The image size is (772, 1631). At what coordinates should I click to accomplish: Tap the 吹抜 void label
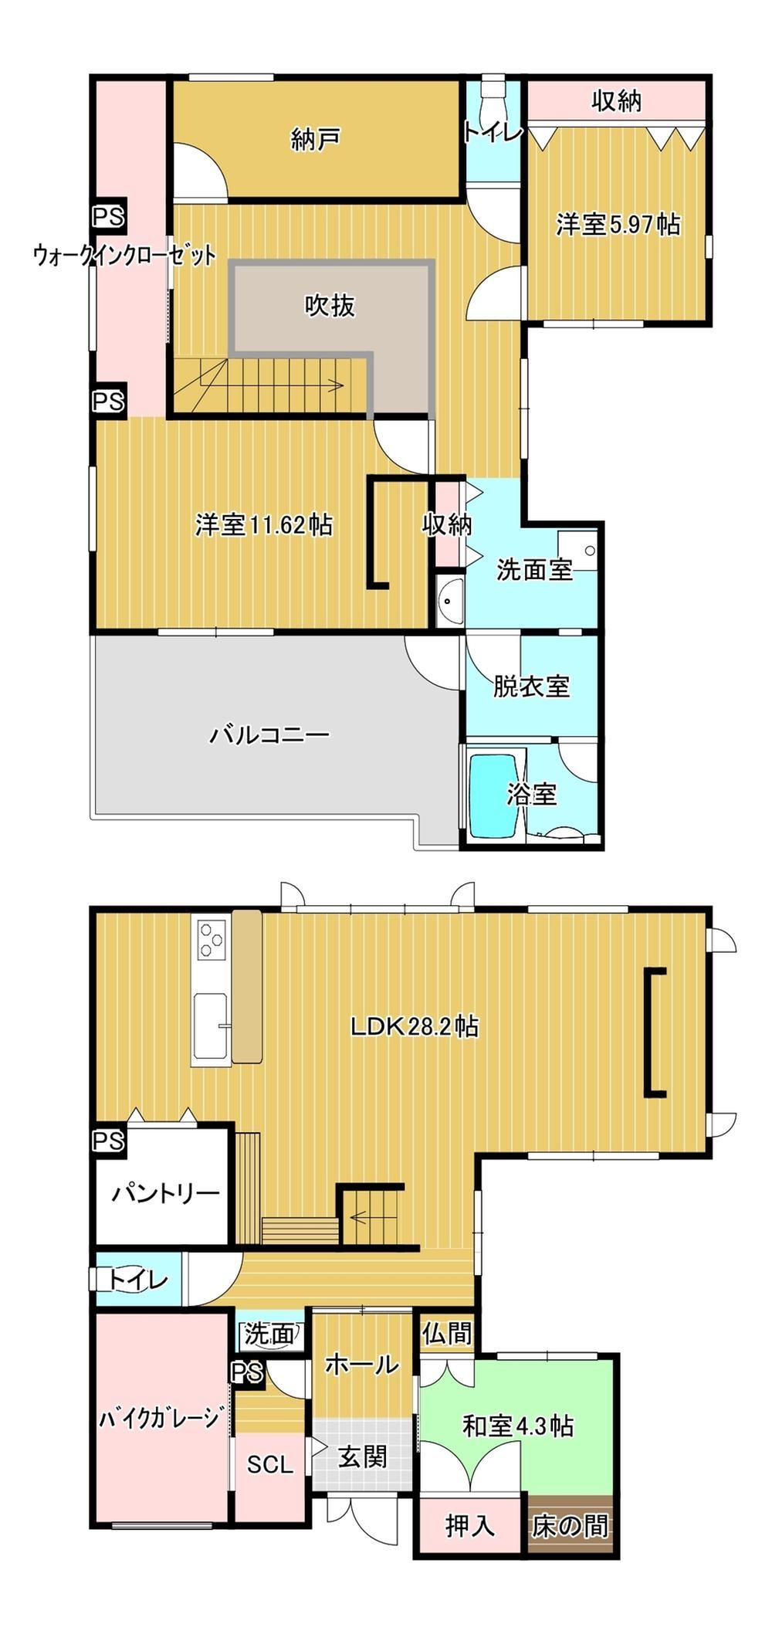click(x=330, y=306)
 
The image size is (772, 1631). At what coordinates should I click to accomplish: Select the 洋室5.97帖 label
click(x=618, y=225)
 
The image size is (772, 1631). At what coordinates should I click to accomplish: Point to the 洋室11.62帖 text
click(x=264, y=525)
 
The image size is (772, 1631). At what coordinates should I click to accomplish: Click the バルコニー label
click(x=269, y=734)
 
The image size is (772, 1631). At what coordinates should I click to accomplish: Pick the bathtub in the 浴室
click(x=493, y=795)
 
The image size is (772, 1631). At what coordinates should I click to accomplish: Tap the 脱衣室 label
click(x=531, y=686)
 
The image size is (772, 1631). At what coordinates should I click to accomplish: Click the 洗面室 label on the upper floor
click(x=534, y=570)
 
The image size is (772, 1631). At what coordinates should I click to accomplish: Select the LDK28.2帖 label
click(x=415, y=1026)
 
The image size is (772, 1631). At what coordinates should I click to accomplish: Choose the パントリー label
click(x=166, y=1193)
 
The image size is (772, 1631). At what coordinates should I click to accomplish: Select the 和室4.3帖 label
click(x=517, y=1426)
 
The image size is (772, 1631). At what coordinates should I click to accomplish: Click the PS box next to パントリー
click(x=109, y=1141)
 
